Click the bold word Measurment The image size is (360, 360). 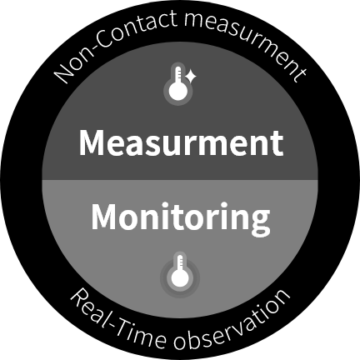coord(181,142)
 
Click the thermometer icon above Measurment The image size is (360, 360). coord(178,84)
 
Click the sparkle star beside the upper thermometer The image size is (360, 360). coord(191,77)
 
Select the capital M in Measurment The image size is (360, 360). coord(92,142)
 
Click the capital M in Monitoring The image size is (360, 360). coord(105,217)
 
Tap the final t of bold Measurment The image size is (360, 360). coord(277,144)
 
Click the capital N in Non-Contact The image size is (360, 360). coord(63,72)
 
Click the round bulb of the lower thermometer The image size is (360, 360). coord(180,279)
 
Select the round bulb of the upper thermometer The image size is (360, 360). coord(178,92)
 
